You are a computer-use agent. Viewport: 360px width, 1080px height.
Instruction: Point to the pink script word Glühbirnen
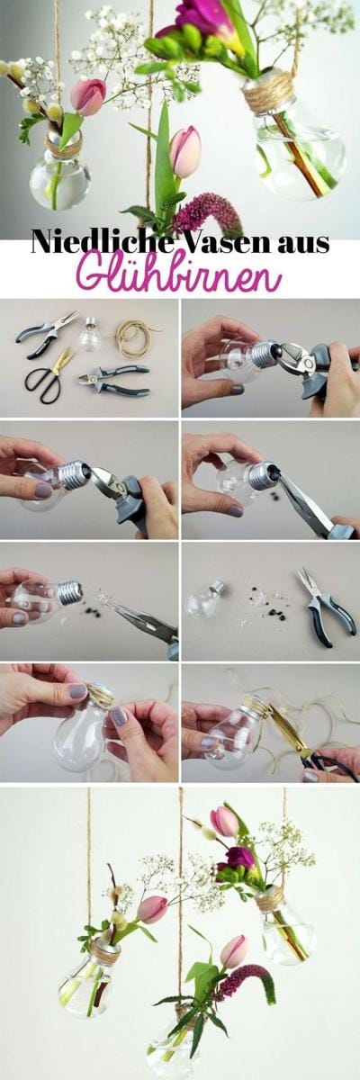(179, 274)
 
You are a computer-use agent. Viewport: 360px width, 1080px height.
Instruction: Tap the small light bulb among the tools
(91, 334)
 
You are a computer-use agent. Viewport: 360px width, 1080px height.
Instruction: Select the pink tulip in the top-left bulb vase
(88, 96)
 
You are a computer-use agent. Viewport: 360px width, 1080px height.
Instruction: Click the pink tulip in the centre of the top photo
(185, 151)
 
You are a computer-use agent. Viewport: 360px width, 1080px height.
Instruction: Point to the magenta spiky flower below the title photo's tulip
(208, 212)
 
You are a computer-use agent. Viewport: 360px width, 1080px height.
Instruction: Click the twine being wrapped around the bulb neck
(100, 694)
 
